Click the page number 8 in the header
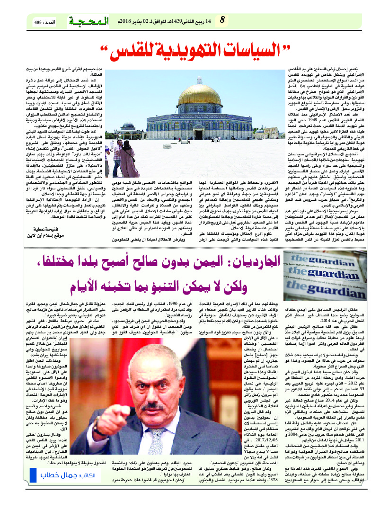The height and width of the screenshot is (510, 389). pyautogui.click(x=222, y=20)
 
